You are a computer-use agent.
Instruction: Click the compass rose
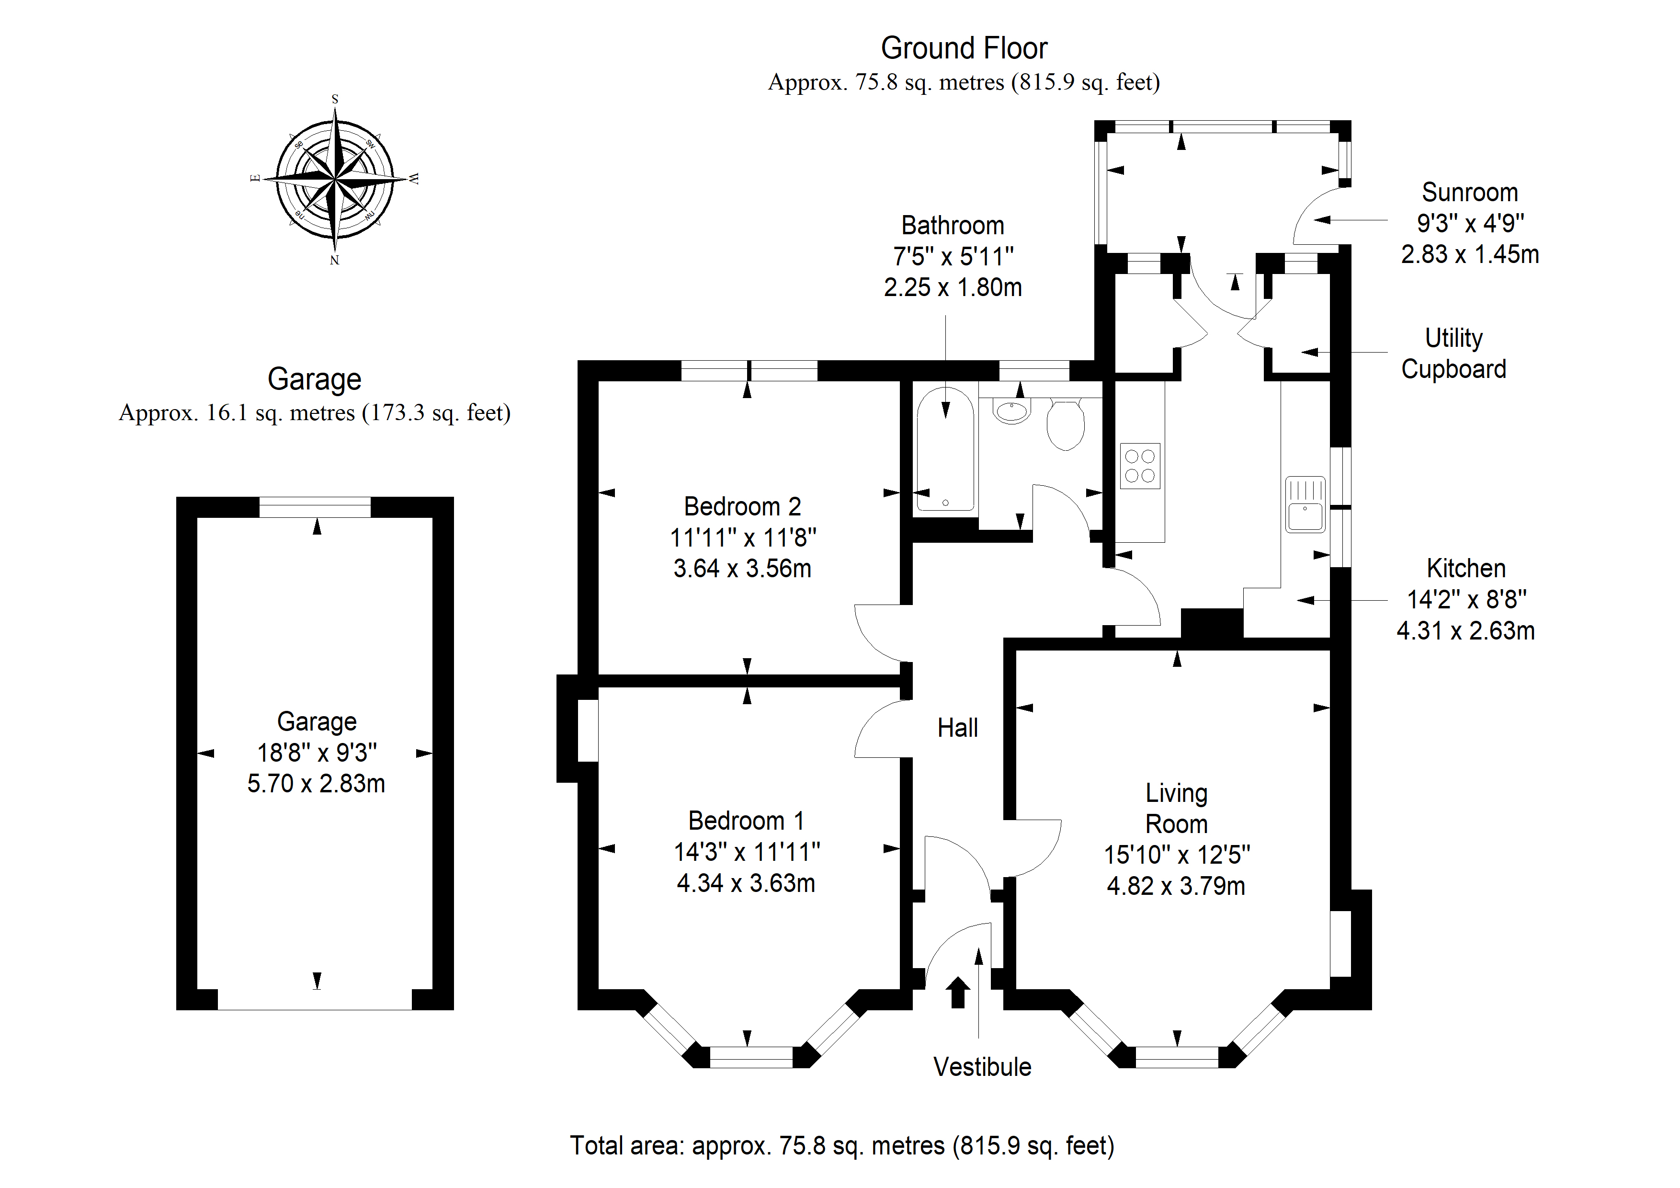tap(335, 179)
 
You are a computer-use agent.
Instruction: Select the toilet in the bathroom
tap(1066, 424)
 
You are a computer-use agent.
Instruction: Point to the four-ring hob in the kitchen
tap(1140, 466)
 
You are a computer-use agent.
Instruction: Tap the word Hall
tap(958, 728)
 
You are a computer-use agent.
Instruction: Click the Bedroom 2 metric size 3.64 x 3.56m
tap(743, 568)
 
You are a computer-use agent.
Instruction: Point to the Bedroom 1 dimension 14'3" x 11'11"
tap(746, 852)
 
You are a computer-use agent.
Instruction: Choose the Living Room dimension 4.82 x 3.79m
tap(1176, 886)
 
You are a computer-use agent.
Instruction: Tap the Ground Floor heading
tap(964, 48)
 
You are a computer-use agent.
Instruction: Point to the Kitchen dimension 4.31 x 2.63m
tap(1465, 630)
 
